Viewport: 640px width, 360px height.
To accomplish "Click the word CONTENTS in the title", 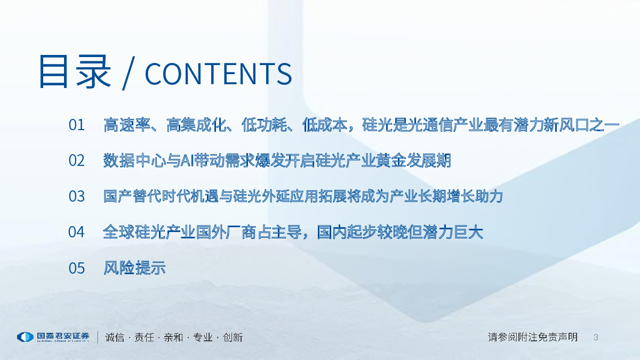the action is click(219, 74).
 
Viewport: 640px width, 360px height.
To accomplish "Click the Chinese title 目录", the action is click(75, 71).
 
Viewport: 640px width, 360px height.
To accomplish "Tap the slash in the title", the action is click(128, 74).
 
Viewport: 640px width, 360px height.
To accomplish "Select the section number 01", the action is click(77, 125).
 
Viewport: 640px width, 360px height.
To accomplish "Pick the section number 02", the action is click(77, 161).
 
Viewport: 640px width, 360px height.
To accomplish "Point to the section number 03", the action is click(77, 196).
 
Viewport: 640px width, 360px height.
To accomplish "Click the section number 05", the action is click(77, 268).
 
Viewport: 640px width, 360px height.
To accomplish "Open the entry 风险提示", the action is click(134, 268).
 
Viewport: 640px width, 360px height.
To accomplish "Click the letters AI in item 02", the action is click(187, 161).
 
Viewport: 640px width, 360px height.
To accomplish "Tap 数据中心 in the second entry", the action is click(134, 161).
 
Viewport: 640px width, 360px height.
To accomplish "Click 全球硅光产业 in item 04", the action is click(149, 231).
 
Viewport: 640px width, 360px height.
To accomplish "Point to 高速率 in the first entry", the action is click(126, 125).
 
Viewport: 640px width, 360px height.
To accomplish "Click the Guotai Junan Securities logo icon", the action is click(26, 337).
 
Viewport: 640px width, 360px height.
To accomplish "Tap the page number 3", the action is click(596, 338).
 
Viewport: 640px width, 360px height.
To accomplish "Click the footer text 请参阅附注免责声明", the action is click(533, 337).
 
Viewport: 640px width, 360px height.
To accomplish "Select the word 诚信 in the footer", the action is click(115, 338).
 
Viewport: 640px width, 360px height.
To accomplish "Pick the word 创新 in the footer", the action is click(233, 338).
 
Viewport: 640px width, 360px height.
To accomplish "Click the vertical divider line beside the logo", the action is click(98, 337).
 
